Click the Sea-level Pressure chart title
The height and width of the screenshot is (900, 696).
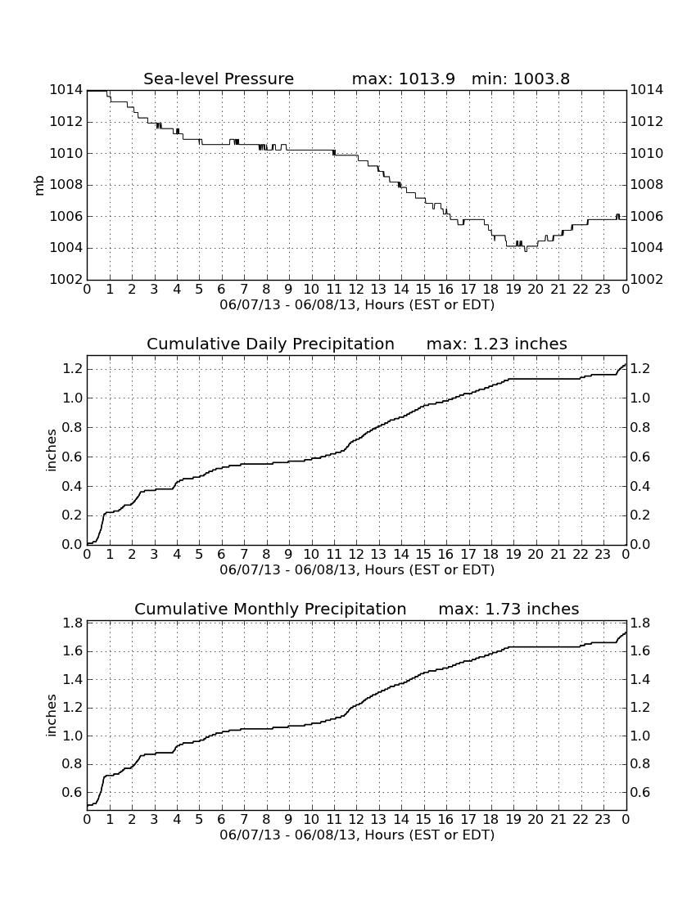[219, 79]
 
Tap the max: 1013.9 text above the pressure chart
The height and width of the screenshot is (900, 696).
[403, 79]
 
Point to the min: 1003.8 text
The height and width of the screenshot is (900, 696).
[521, 79]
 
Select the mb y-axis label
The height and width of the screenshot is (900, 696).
[39, 185]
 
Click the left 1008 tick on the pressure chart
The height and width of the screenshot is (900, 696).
[66, 185]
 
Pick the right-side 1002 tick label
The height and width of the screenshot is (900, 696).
[647, 280]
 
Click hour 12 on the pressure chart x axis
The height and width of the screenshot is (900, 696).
[356, 289]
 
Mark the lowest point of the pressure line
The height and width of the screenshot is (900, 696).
[526, 251]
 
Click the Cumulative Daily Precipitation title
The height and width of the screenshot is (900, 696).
[270, 344]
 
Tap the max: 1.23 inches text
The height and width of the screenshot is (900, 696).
[497, 344]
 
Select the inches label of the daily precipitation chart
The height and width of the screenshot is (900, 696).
[51, 451]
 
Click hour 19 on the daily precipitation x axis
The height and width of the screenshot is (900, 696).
[513, 554]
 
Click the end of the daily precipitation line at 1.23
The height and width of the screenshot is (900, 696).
[626, 364]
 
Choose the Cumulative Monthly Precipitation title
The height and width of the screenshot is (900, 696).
[270, 609]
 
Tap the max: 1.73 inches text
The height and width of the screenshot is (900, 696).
[508, 609]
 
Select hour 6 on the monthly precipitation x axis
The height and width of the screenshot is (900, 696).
[222, 819]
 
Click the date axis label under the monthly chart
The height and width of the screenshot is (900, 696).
[357, 835]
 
